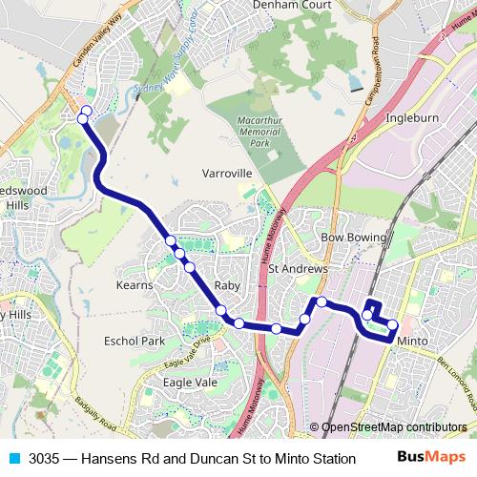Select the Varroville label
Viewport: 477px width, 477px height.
pos(227,174)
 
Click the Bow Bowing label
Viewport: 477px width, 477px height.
pos(354,237)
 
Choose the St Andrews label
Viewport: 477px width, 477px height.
pos(298,269)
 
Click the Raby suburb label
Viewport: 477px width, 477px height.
pos(227,286)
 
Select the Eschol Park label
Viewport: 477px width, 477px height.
pos(135,341)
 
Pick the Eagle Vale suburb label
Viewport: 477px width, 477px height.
pos(190,382)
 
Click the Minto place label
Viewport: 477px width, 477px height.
pos(412,341)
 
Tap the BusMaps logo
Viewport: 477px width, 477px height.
pos(430,458)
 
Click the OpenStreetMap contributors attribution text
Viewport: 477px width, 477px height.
pos(394,427)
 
